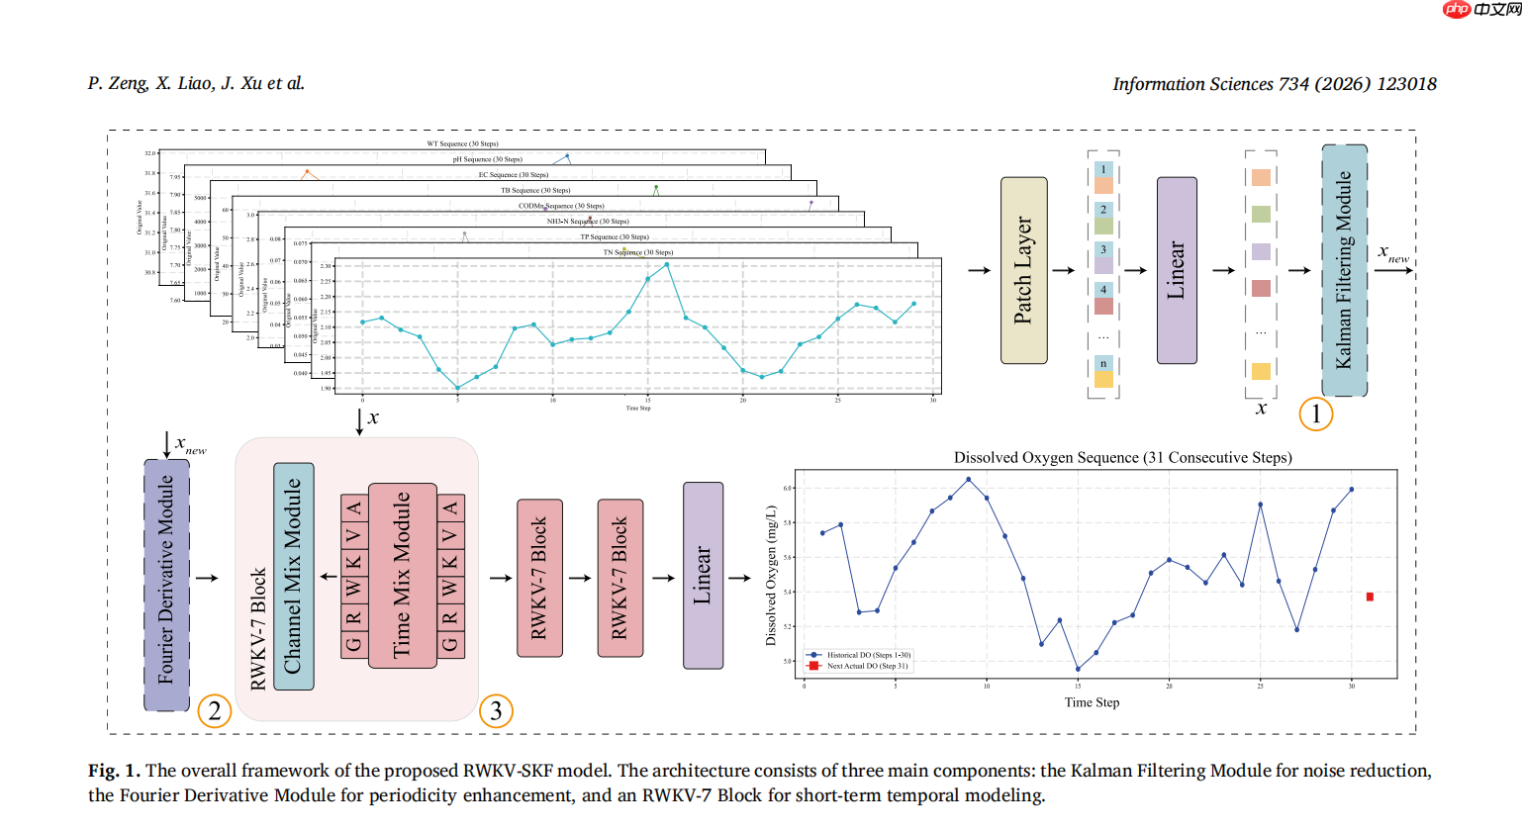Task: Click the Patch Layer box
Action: coord(1023,270)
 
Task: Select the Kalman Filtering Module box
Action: coord(1344,270)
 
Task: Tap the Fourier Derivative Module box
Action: coord(166,585)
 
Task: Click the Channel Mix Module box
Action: coord(293,577)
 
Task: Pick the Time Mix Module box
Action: coord(402,576)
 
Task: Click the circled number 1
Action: coord(1316,414)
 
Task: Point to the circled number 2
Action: coord(215,710)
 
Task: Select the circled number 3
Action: coord(496,710)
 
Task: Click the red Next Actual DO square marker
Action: coord(1370,597)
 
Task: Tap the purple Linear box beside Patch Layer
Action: coord(1177,270)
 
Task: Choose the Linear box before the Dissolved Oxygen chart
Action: coord(703,576)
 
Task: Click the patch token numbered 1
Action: coord(1103,170)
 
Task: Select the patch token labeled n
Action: coord(1103,364)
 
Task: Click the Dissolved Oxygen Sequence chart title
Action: coord(1122,457)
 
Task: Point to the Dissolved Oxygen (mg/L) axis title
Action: coord(771,576)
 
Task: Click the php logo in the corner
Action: coord(1457,9)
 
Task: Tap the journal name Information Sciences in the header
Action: coord(1192,84)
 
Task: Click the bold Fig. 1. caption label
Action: coord(114,771)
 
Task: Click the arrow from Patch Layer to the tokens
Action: coord(1064,270)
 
